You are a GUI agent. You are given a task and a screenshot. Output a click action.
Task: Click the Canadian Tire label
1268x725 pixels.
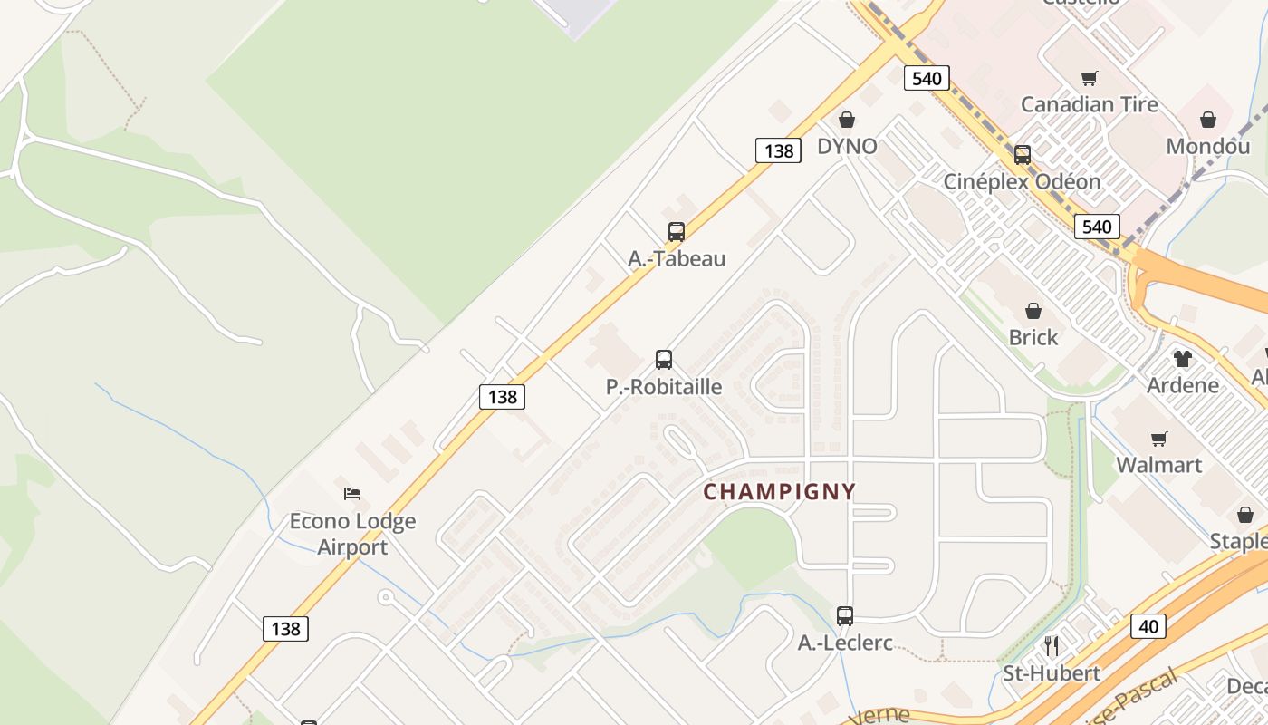pyautogui.click(x=1089, y=104)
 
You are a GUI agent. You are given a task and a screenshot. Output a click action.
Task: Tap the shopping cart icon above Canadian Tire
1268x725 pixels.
pyautogui.click(x=1089, y=78)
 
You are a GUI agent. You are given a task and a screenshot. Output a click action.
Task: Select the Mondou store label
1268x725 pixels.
pyautogui.click(x=1207, y=146)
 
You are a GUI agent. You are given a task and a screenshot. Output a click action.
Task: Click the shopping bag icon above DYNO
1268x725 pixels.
pyautogui.click(x=847, y=120)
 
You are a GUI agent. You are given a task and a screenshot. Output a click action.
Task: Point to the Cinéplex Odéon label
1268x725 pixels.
pyautogui.click(x=1022, y=181)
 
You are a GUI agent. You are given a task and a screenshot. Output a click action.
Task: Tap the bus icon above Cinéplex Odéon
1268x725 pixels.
pyautogui.click(x=1022, y=155)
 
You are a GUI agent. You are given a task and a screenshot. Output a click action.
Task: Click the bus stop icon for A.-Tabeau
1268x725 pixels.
pyautogui.click(x=676, y=232)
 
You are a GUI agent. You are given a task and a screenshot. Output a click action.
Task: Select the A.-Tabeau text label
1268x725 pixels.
pyautogui.click(x=677, y=258)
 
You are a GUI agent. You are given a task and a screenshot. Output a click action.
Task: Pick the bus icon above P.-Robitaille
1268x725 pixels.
pyautogui.click(x=664, y=360)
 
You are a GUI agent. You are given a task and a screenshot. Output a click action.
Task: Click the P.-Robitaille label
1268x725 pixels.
pyautogui.click(x=664, y=387)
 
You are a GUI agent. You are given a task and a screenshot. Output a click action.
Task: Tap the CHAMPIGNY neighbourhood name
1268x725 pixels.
pyautogui.click(x=779, y=492)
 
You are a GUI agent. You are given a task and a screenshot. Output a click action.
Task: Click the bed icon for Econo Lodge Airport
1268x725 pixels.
pyautogui.click(x=352, y=494)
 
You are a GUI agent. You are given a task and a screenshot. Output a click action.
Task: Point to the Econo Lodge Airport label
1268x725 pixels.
pyautogui.click(x=352, y=534)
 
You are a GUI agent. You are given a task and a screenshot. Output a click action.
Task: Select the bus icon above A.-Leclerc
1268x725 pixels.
pyautogui.click(x=845, y=616)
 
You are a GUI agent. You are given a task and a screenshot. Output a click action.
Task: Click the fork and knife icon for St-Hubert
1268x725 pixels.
pyautogui.click(x=1051, y=646)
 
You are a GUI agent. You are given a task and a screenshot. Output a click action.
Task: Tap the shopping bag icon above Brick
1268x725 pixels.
pyautogui.click(x=1033, y=311)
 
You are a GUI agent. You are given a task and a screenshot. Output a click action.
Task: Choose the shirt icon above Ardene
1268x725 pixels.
pyautogui.click(x=1183, y=359)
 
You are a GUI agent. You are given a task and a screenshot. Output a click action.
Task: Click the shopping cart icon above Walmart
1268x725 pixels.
pyautogui.click(x=1158, y=440)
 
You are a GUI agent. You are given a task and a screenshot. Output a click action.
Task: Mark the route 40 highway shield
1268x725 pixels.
pyautogui.click(x=1148, y=625)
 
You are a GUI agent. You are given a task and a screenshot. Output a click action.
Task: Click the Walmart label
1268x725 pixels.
pyautogui.click(x=1158, y=465)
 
